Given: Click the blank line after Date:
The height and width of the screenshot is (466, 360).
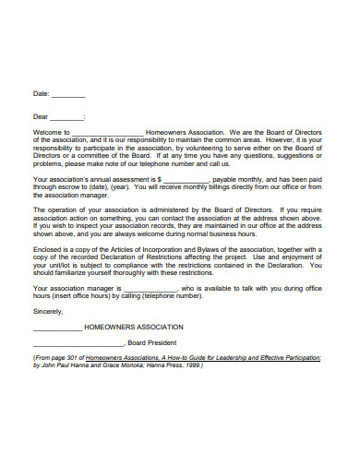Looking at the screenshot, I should coord(69,95).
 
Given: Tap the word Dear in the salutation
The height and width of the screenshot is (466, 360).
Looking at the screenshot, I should coord(41,117).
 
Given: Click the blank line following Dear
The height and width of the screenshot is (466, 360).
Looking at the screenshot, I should coord(67,117).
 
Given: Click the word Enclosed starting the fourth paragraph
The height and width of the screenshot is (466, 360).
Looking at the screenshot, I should coord(48,249).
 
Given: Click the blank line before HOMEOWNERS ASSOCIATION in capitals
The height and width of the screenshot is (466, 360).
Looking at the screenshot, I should coord(56,327).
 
